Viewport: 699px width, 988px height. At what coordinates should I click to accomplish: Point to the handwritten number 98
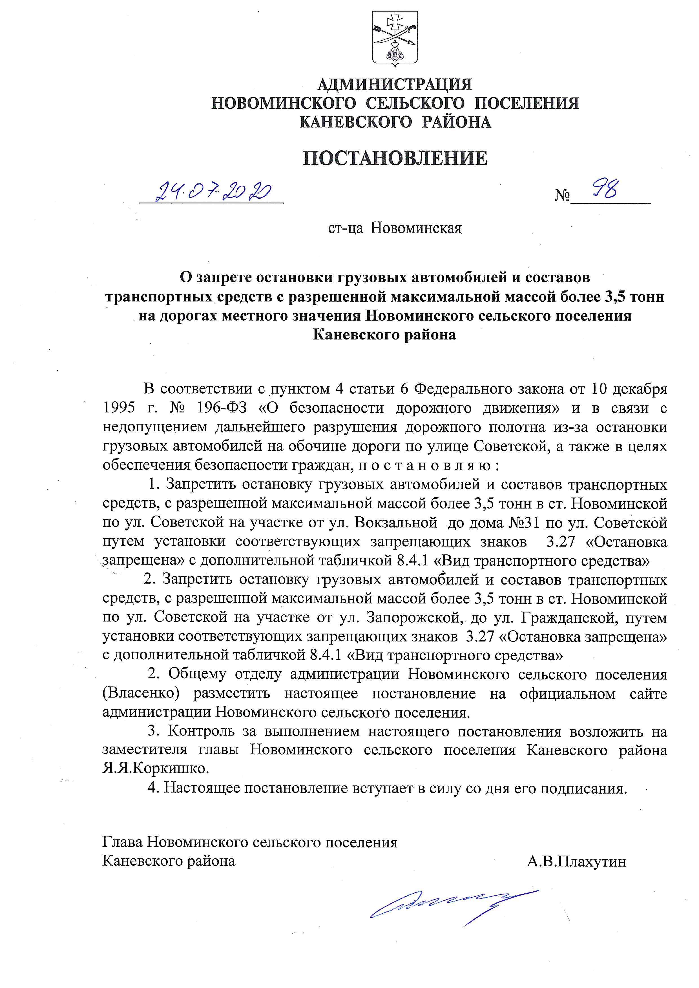coord(607,189)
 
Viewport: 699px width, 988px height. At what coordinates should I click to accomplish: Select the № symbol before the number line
coord(562,197)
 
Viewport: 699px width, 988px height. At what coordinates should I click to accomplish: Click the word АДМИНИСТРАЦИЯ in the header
coord(394,84)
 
